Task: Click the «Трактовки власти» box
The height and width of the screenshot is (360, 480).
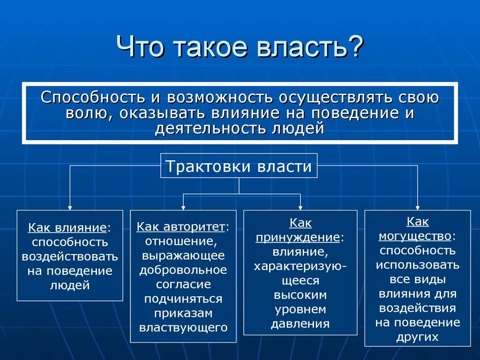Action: pos(239,166)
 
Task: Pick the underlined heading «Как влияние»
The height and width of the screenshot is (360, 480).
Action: pos(67,228)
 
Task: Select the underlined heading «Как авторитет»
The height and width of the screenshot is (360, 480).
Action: pos(180,227)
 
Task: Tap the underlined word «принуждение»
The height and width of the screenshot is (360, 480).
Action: pos(298,237)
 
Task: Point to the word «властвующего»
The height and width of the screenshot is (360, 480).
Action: pos(183,327)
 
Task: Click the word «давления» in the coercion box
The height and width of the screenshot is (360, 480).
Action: pos(300,323)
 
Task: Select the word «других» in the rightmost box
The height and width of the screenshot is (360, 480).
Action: pos(417,337)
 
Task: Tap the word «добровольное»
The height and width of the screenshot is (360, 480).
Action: pos(183,270)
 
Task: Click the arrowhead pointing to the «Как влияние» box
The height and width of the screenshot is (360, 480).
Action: pos(70,207)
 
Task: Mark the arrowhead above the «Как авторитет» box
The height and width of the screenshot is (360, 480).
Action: pos(183,207)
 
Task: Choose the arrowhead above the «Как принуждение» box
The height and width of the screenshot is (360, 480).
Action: pos(300,207)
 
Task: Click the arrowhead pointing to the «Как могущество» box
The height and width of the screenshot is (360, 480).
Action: pos(417,207)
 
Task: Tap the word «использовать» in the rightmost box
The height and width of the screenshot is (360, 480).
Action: pos(417,264)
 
